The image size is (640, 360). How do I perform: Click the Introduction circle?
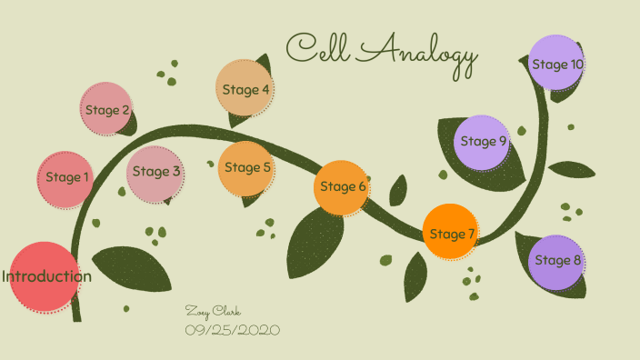[x=45, y=276]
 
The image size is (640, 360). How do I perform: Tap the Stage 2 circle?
[x=107, y=110]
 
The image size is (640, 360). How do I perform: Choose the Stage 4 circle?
[x=245, y=89]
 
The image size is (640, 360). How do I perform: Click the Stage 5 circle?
[x=247, y=167]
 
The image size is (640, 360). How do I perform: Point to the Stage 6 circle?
[x=343, y=186]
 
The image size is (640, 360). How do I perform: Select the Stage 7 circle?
[x=452, y=234]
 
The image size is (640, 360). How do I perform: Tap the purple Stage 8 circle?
[x=557, y=261]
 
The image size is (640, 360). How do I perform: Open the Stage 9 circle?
[x=483, y=141]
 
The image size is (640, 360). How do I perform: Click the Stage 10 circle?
[x=556, y=64]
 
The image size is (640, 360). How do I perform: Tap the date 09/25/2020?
[x=233, y=328]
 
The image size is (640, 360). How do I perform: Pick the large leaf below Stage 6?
[x=313, y=244]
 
